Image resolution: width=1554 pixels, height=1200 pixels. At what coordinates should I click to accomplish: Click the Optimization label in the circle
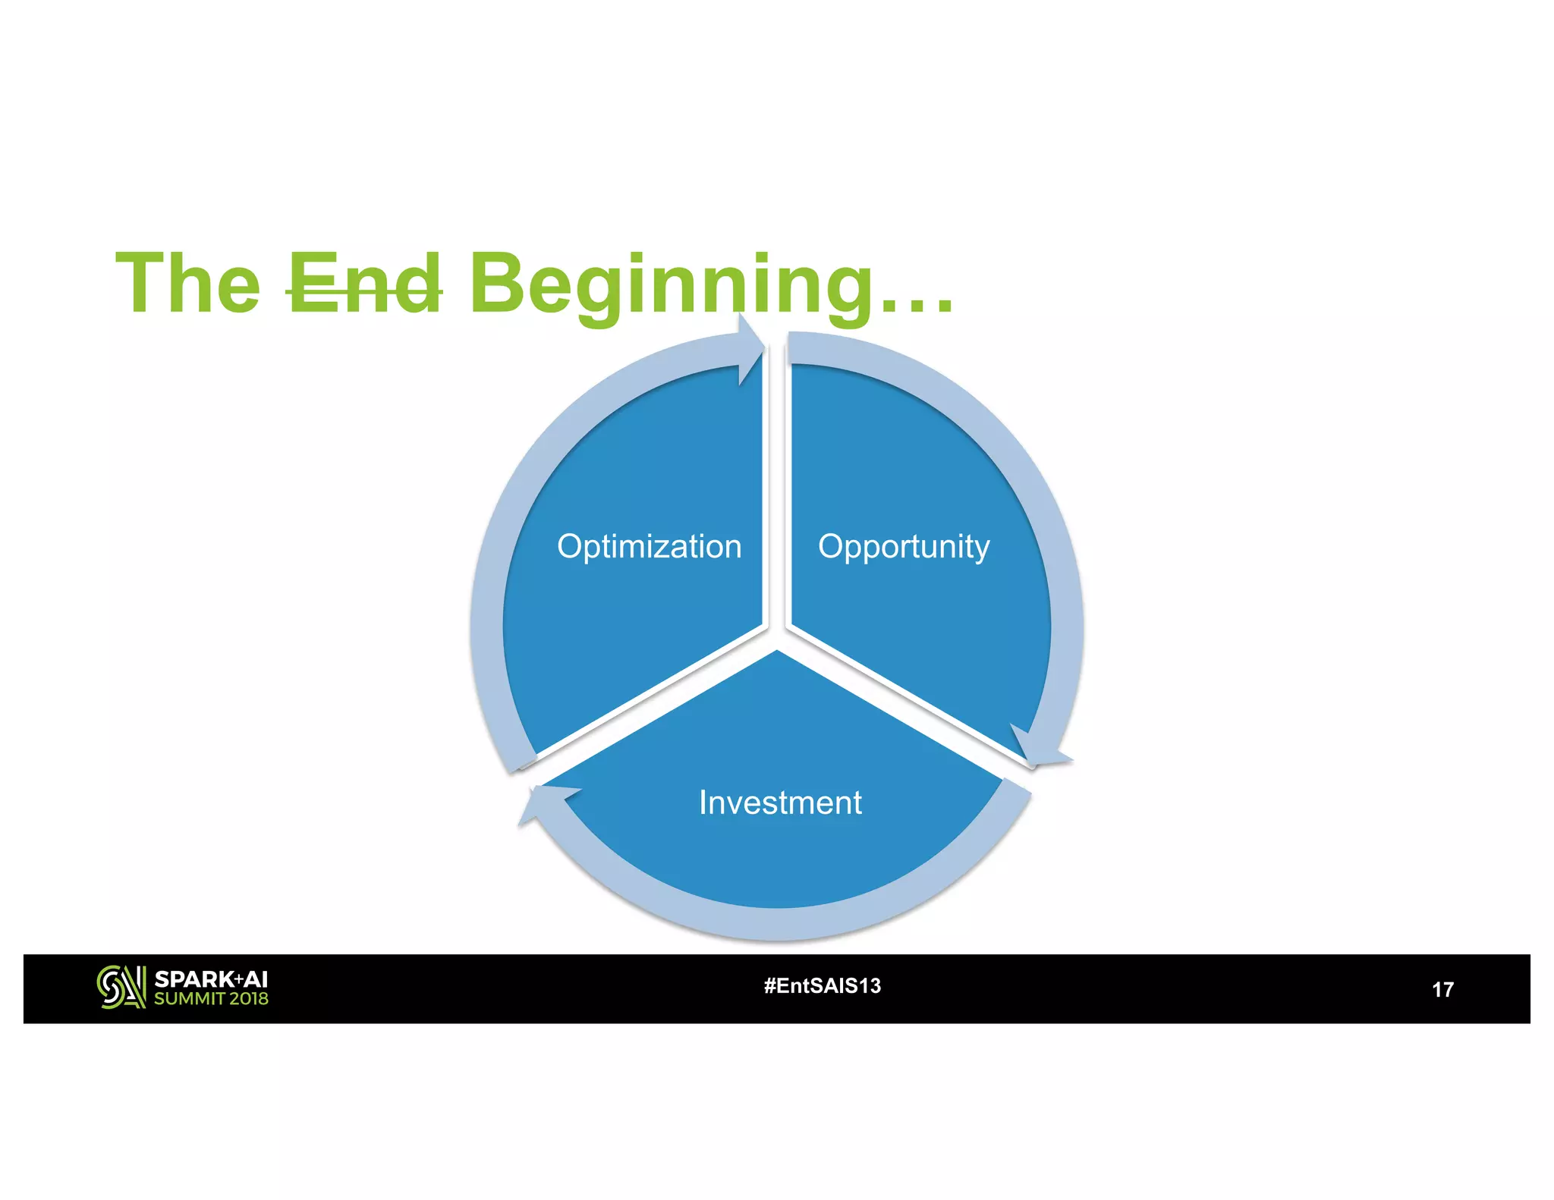coord(649,546)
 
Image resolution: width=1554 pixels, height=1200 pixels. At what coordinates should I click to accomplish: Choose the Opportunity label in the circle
coord(904,547)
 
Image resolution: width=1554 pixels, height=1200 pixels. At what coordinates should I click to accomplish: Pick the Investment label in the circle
coord(780,803)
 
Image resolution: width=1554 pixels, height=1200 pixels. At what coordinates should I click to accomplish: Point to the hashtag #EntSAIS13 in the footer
coord(823,985)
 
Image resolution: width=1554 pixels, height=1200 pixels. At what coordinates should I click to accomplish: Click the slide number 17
coord(1442,989)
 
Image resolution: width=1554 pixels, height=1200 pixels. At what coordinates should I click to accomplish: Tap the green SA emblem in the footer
coord(121,987)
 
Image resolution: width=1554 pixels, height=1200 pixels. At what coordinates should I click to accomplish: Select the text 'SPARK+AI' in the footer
coord(211,979)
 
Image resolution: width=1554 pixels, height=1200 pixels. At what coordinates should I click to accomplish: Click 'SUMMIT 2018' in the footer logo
coord(211,999)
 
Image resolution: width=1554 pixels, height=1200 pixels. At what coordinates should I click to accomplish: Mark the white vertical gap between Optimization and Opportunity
coord(776,493)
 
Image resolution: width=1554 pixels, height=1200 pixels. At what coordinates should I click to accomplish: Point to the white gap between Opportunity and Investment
coord(903,699)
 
